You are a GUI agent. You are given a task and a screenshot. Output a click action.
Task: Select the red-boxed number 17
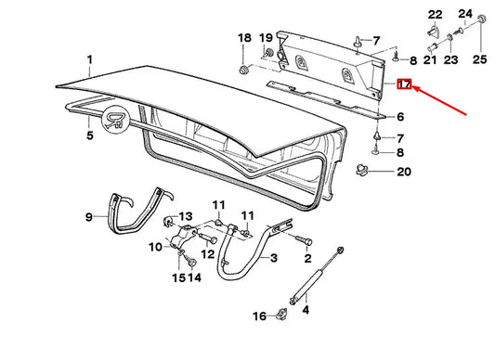point(403,84)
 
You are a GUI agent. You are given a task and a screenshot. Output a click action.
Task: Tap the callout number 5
point(90,136)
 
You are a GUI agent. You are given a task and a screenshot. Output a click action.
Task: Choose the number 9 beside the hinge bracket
point(90,217)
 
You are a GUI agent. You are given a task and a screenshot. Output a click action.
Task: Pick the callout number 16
point(259,316)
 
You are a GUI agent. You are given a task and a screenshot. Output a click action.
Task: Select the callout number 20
point(402,172)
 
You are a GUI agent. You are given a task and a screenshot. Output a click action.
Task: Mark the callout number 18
point(243,38)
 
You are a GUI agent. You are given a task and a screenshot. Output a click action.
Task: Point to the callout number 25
point(478,59)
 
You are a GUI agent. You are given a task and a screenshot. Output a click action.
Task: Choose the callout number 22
point(436,14)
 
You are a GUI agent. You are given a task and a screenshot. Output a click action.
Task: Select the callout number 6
point(401,118)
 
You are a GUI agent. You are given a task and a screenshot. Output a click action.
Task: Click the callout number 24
point(465,14)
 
